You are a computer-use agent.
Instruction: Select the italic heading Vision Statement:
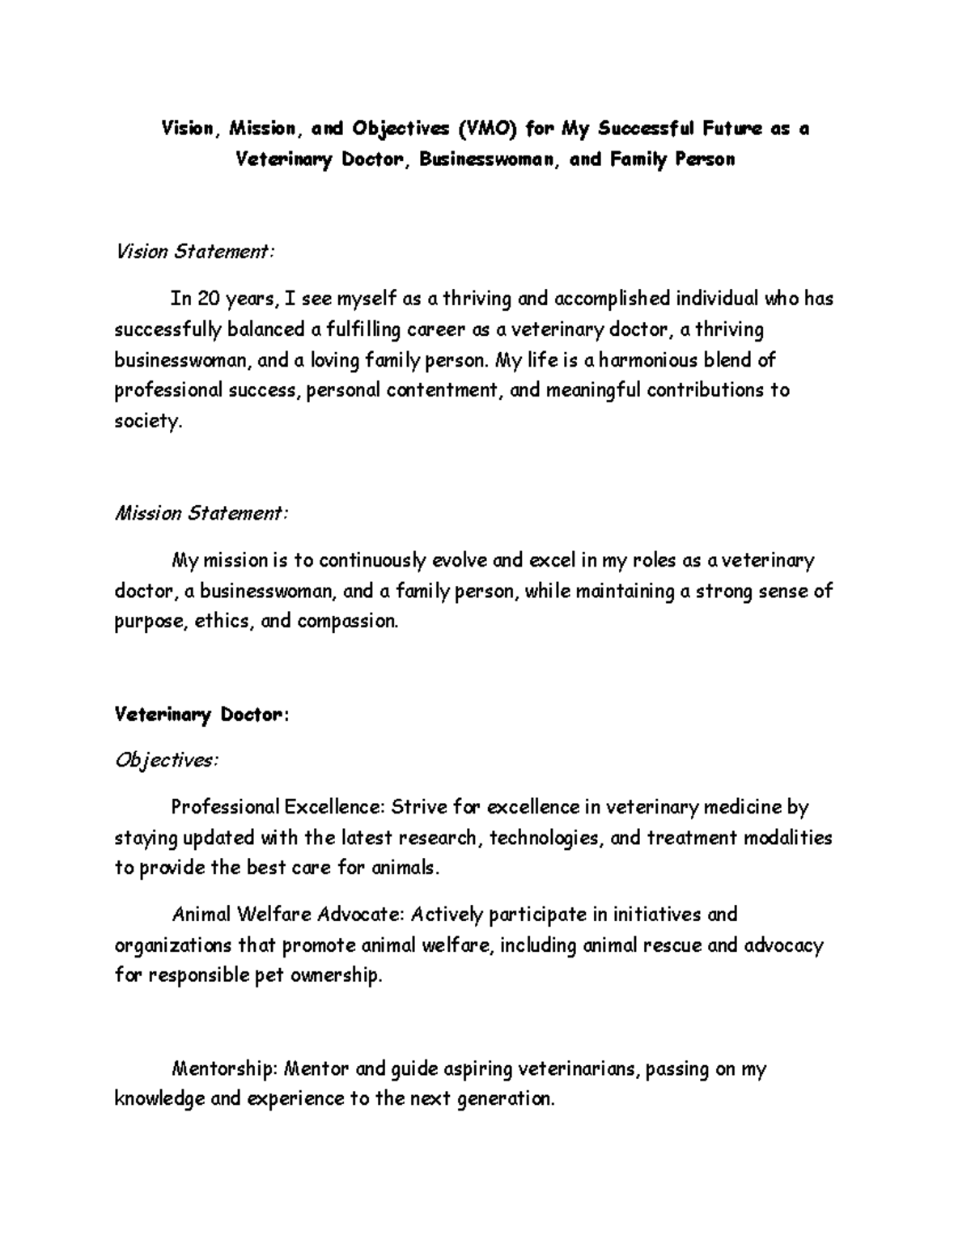click(195, 252)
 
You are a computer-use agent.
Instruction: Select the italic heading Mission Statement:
click(201, 513)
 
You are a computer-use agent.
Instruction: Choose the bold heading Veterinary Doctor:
click(201, 715)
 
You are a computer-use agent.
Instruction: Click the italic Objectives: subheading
click(166, 761)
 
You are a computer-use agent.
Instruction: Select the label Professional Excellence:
click(278, 807)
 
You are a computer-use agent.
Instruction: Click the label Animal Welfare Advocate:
click(288, 915)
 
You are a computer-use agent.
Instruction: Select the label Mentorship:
click(224, 1069)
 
